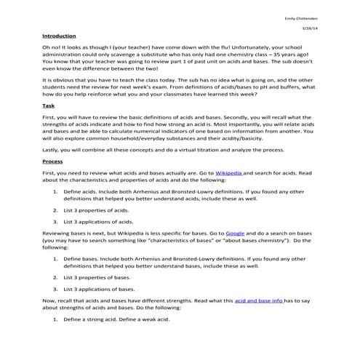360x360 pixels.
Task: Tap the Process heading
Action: click(52, 181)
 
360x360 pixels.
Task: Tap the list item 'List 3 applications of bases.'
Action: click(100, 289)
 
